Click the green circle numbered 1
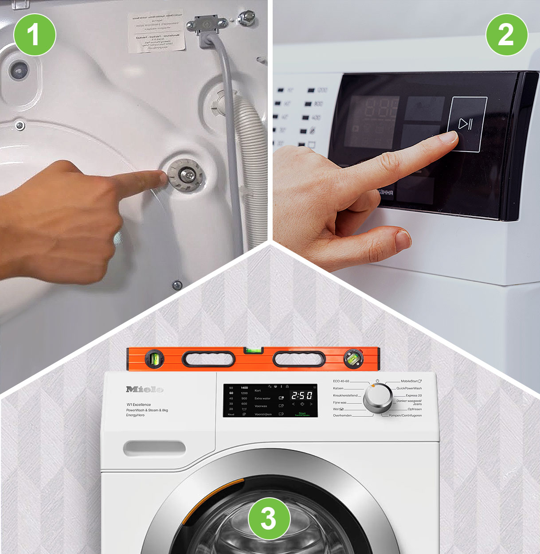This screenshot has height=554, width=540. pos(35,35)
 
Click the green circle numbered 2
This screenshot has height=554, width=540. pos(506,35)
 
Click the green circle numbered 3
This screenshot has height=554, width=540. pos(269,518)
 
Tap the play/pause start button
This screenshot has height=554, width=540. pos(466,124)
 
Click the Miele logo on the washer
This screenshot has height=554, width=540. pos(145,389)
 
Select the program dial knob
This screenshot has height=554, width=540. pos(377,398)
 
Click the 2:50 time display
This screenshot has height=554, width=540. pos(301,395)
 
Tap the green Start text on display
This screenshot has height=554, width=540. pos(302,414)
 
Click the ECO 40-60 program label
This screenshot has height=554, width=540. pos(341,381)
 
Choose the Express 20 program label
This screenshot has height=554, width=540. pos(413,395)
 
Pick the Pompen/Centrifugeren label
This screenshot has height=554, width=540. pos(405,415)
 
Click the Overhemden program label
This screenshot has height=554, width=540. pos(342,415)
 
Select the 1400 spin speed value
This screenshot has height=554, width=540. pos(244,388)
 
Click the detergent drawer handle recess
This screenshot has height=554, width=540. pos(154,448)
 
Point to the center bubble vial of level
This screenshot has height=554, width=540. pos(253,351)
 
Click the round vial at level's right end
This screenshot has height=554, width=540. pos(353,359)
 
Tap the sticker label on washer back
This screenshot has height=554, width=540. pos(156,31)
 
